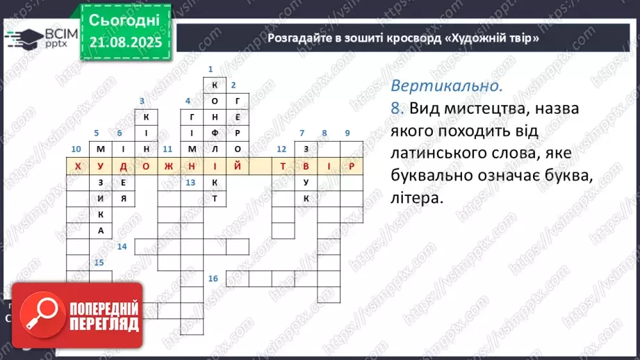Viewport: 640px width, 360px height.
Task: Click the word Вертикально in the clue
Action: click(445, 86)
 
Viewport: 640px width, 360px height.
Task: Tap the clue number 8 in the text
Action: click(397, 109)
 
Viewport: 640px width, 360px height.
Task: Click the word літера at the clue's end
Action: click(416, 198)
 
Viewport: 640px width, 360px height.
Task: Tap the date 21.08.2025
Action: click(124, 43)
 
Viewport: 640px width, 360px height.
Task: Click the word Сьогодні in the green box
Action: click(124, 19)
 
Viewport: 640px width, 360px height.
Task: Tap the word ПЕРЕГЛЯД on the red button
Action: click(102, 324)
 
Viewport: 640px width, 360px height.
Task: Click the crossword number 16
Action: click(213, 279)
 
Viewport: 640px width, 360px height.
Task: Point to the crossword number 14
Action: click(122, 247)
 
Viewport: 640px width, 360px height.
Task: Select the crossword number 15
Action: click(99, 262)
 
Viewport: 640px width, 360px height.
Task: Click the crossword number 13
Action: click(190, 182)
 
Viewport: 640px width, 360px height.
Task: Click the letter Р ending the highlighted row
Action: click(352, 166)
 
